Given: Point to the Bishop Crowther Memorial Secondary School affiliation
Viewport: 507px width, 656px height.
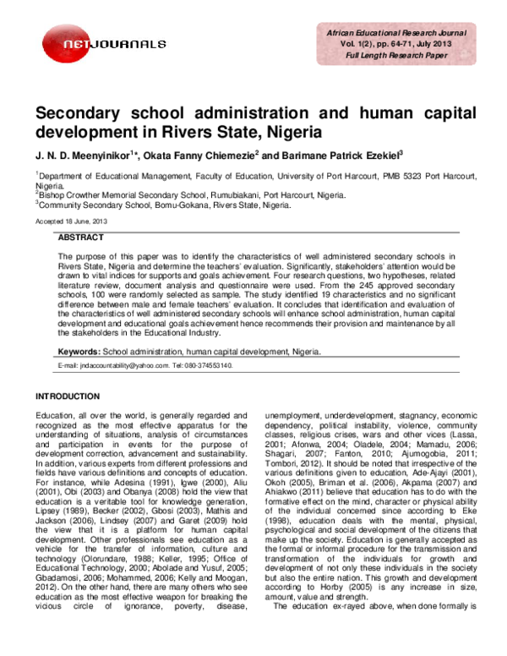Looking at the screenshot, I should pos(161,194).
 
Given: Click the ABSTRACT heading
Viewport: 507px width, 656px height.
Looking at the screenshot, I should pos(84,238).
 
